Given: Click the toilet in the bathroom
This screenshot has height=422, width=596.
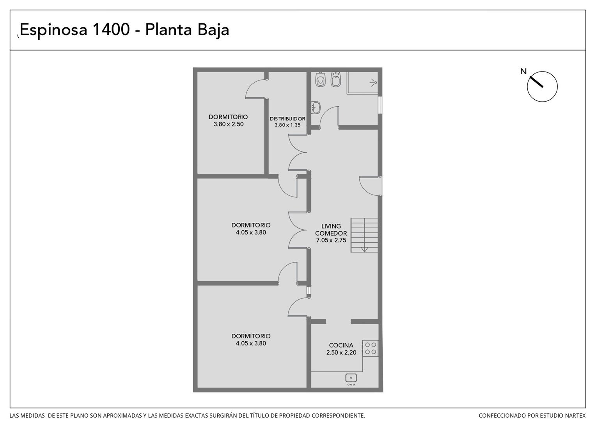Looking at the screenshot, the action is click(320, 79).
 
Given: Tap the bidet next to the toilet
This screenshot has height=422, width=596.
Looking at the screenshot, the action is click(335, 79).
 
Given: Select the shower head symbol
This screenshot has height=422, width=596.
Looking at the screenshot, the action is click(374, 82).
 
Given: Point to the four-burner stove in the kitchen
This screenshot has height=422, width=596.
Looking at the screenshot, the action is click(370, 348).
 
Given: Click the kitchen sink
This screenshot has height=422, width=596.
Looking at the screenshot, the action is click(351, 379).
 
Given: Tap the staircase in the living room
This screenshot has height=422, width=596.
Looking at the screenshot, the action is click(364, 235).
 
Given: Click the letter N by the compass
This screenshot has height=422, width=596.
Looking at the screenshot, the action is click(523, 72).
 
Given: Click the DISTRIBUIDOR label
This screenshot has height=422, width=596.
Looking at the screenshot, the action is click(287, 119).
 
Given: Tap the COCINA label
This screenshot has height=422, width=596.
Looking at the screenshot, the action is click(341, 345).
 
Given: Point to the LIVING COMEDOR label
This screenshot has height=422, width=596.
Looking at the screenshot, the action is click(331, 229).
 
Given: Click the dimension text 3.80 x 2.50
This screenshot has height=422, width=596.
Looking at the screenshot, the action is click(229, 124).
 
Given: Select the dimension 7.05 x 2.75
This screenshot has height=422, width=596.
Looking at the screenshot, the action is click(331, 240).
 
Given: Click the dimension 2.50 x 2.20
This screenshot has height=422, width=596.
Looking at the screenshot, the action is click(341, 352).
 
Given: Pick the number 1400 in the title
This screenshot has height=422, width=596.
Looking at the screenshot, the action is click(111, 29).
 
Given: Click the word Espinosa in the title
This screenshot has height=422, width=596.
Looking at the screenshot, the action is click(53, 30).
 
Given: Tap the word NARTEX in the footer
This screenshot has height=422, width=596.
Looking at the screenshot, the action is click(576, 416).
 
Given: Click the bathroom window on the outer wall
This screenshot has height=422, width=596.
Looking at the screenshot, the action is click(380, 105).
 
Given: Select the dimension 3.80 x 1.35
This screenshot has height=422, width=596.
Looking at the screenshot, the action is click(287, 125).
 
